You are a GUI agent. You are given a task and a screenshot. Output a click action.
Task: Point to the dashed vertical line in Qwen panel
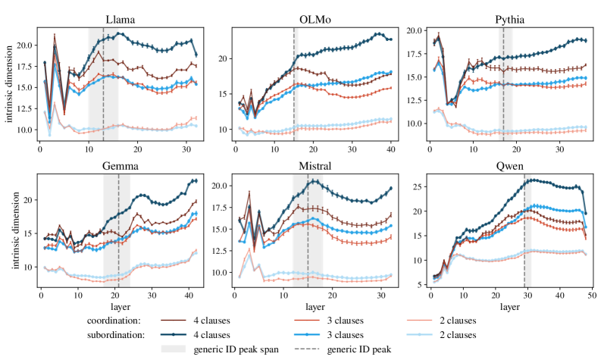(x=524, y=227)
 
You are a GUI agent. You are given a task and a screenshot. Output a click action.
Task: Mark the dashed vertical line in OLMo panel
(x=294, y=76)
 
